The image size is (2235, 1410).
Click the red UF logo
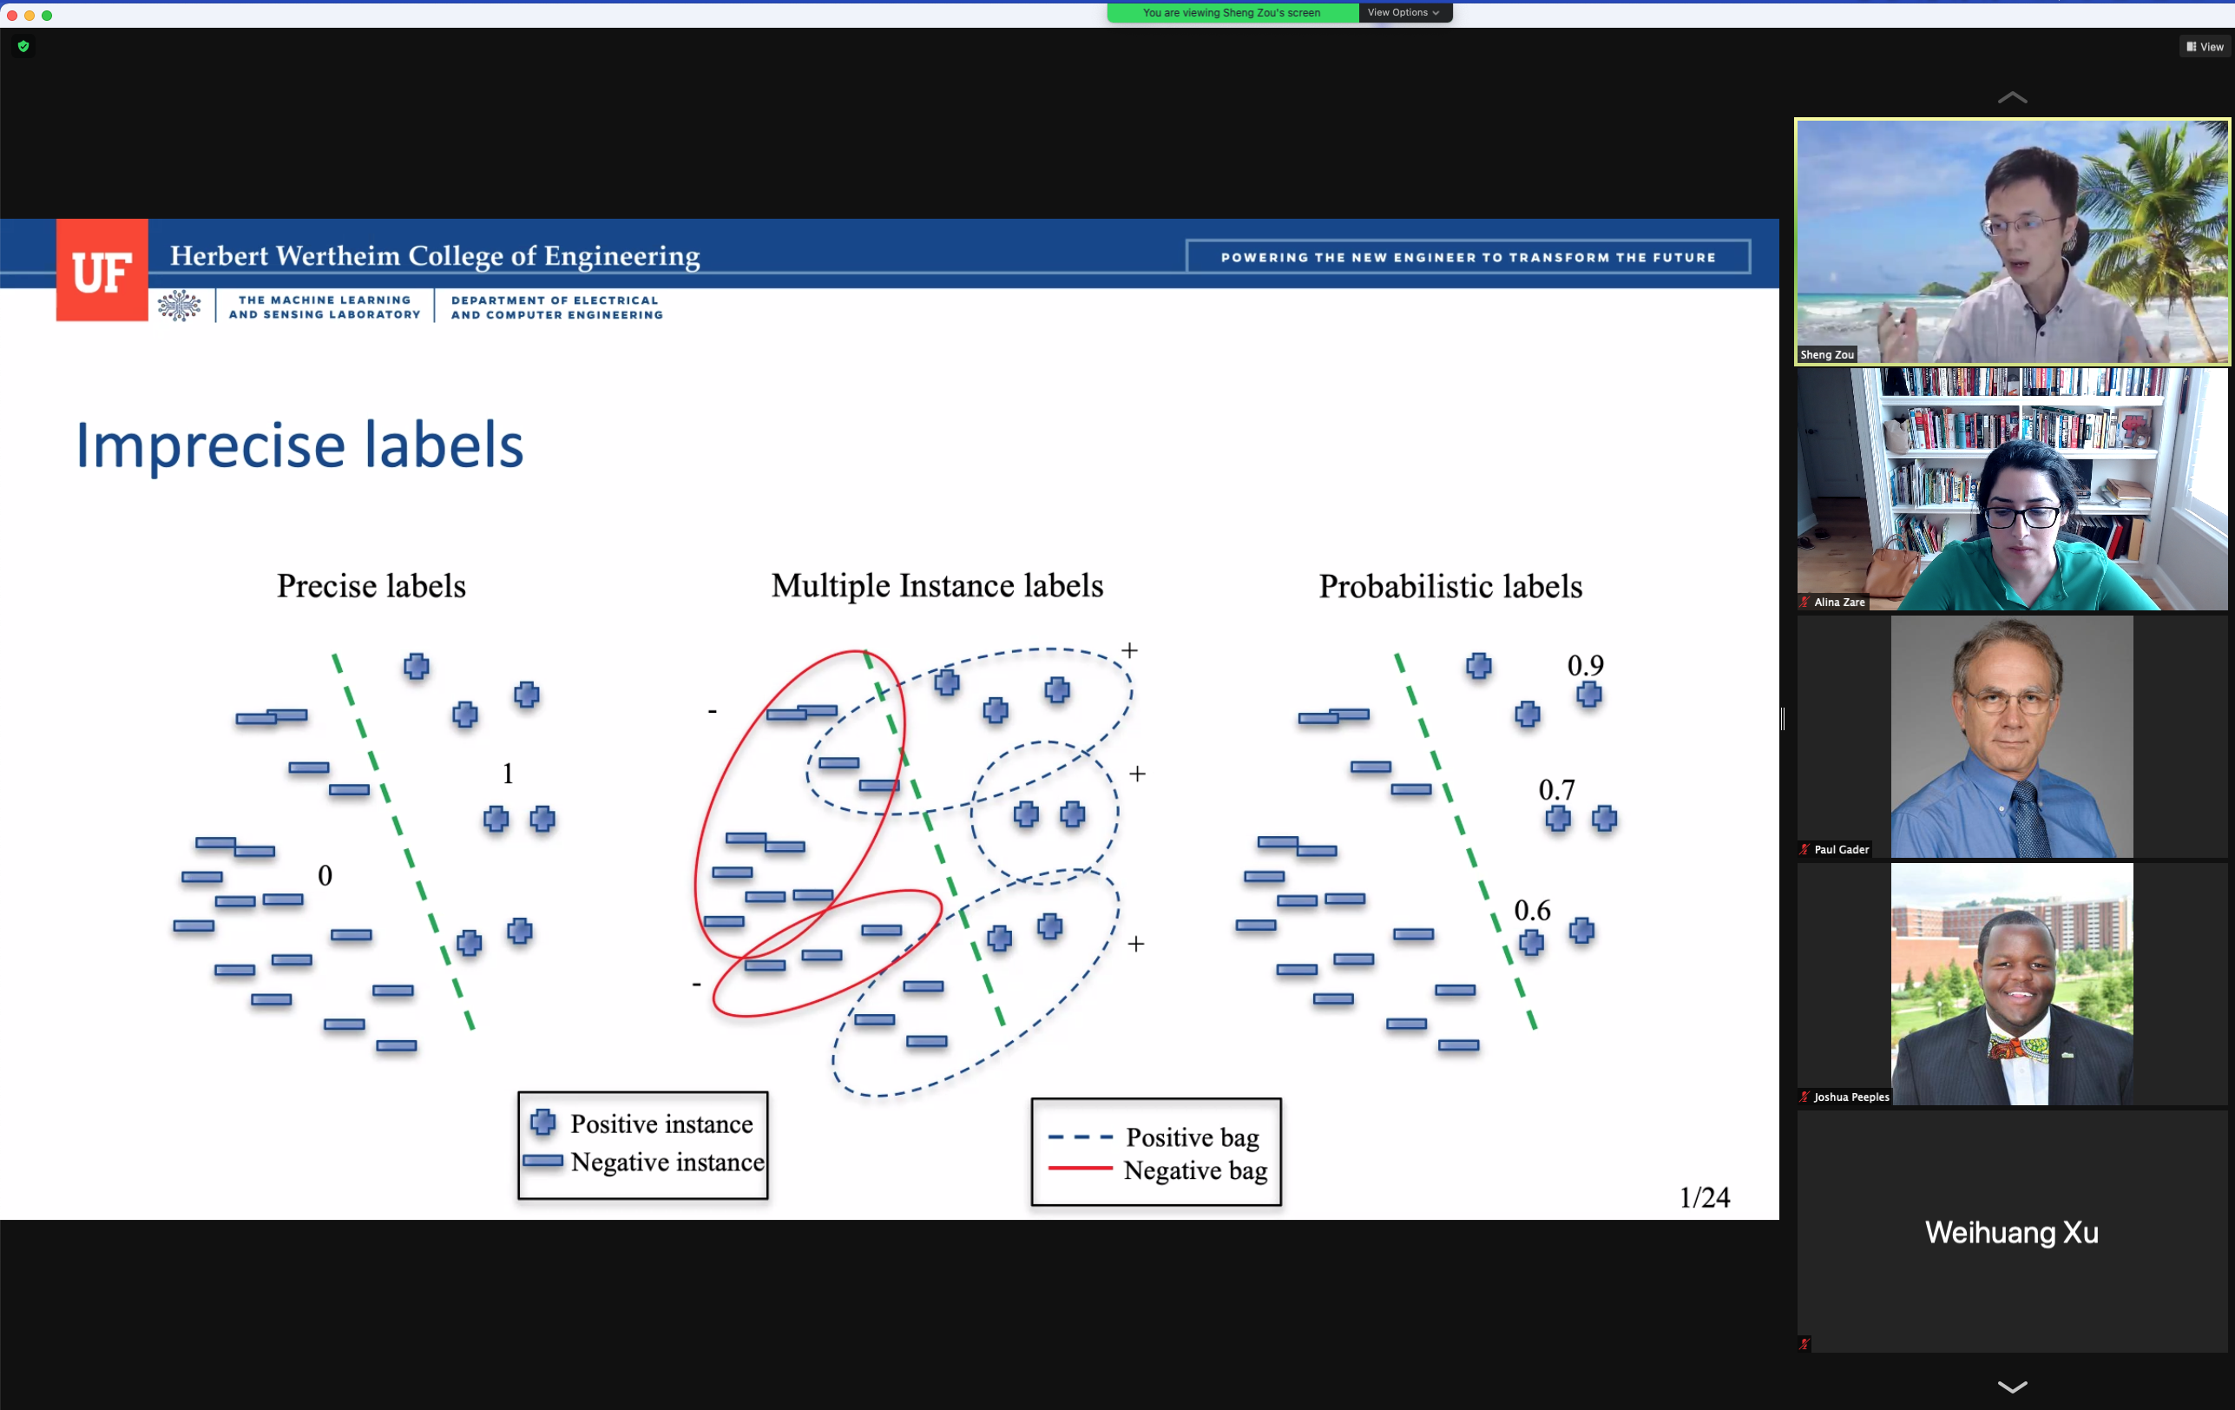point(102,270)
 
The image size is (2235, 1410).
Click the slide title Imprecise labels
point(299,445)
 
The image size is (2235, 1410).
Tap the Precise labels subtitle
point(371,587)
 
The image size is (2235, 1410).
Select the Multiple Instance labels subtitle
point(937,587)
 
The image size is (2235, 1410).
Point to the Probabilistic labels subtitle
point(1450,587)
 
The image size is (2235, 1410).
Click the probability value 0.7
point(1556,789)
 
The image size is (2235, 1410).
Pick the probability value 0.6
point(1533,910)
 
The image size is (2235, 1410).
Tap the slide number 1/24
point(1705,1197)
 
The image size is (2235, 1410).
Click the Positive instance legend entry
point(642,1124)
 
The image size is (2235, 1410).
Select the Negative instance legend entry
point(643,1163)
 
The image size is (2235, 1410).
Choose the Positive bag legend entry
point(1154,1137)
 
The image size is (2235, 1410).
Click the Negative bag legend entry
point(1157,1170)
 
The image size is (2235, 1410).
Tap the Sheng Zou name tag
point(1826,354)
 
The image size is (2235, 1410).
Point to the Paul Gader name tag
point(1834,849)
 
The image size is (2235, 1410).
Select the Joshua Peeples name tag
point(1844,1097)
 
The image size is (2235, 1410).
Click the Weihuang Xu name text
point(2011,1233)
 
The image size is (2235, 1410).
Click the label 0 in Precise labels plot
point(325,875)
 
